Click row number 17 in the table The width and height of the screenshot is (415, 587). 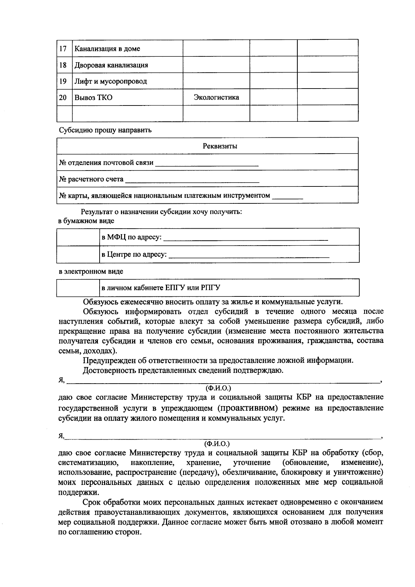(63, 48)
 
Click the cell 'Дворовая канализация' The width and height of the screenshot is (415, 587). (111, 65)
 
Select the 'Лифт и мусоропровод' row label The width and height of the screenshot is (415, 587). (111, 81)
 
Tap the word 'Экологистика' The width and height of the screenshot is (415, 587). (216, 97)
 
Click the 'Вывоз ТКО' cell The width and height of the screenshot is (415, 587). (93, 98)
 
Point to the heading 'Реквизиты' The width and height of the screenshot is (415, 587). (220, 146)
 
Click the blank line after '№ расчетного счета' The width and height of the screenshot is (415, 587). (192, 180)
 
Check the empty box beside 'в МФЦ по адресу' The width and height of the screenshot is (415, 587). (78, 237)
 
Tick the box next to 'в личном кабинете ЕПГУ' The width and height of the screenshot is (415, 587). (78, 288)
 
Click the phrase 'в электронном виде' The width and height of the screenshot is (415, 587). (91, 272)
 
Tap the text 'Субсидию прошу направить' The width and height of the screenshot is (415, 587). (105, 130)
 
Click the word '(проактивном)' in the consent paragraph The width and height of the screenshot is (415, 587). (248, 408)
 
